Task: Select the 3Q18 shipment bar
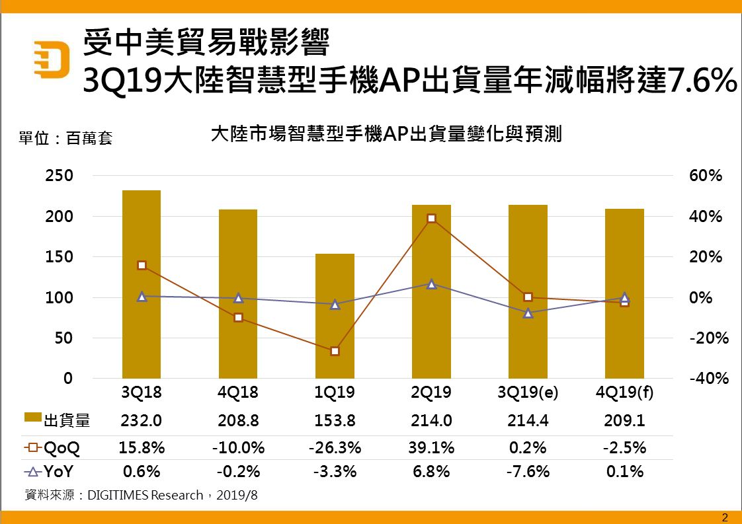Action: pos(142,284)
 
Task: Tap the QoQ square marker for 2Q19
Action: pos(431,218)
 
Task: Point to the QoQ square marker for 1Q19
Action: pos(335,351)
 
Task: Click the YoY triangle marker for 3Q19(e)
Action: pos(528,313)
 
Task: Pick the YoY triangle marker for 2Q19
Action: pos(431,284)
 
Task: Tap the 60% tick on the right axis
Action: pos(706,176)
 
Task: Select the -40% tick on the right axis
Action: pos(708,379)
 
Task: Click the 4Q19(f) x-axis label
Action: pos(624,393)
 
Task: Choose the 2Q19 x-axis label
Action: pos(431,393)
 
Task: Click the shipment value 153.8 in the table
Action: pos(335,420)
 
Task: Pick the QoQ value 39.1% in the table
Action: pos(431,448)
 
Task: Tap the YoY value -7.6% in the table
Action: pos(528,472)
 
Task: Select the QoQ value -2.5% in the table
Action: pos(624,448)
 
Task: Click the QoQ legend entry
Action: pos(53,448)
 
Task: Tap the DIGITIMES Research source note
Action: pos(140,495)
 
